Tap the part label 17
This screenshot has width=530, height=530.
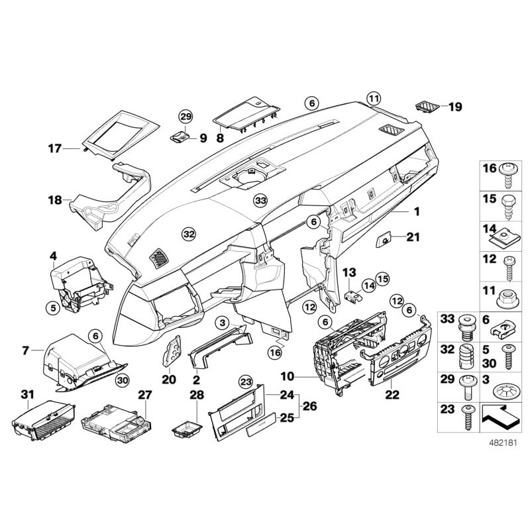(55, 148)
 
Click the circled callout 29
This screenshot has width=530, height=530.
(185, 117)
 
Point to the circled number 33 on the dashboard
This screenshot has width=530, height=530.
(260, 199)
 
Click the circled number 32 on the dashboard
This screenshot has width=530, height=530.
(189, 233)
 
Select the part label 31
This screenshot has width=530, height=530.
(26, 395)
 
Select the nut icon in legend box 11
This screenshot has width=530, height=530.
(508, 292)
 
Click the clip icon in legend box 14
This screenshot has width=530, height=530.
(508, 233)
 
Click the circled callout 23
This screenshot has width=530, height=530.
(246, 381)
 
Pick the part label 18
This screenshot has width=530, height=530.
(54, 199)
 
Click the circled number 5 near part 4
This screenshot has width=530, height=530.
(52, 307)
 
